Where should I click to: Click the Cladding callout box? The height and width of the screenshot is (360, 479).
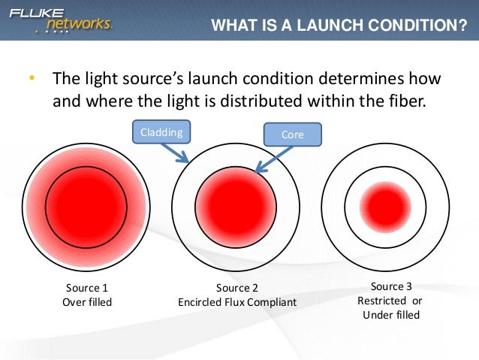point(161,132)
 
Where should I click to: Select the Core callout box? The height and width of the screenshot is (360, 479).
point(292,135)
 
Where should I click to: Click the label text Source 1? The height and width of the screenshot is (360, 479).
point(86,288)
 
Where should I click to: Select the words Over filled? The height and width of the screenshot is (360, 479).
point(86,302)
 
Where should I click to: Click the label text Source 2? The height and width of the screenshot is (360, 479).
point(236,288)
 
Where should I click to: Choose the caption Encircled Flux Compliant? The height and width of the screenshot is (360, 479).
point(236,302)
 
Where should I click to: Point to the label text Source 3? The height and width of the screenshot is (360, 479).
point(391,286)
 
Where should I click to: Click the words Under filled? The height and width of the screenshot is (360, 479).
point(390,315)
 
